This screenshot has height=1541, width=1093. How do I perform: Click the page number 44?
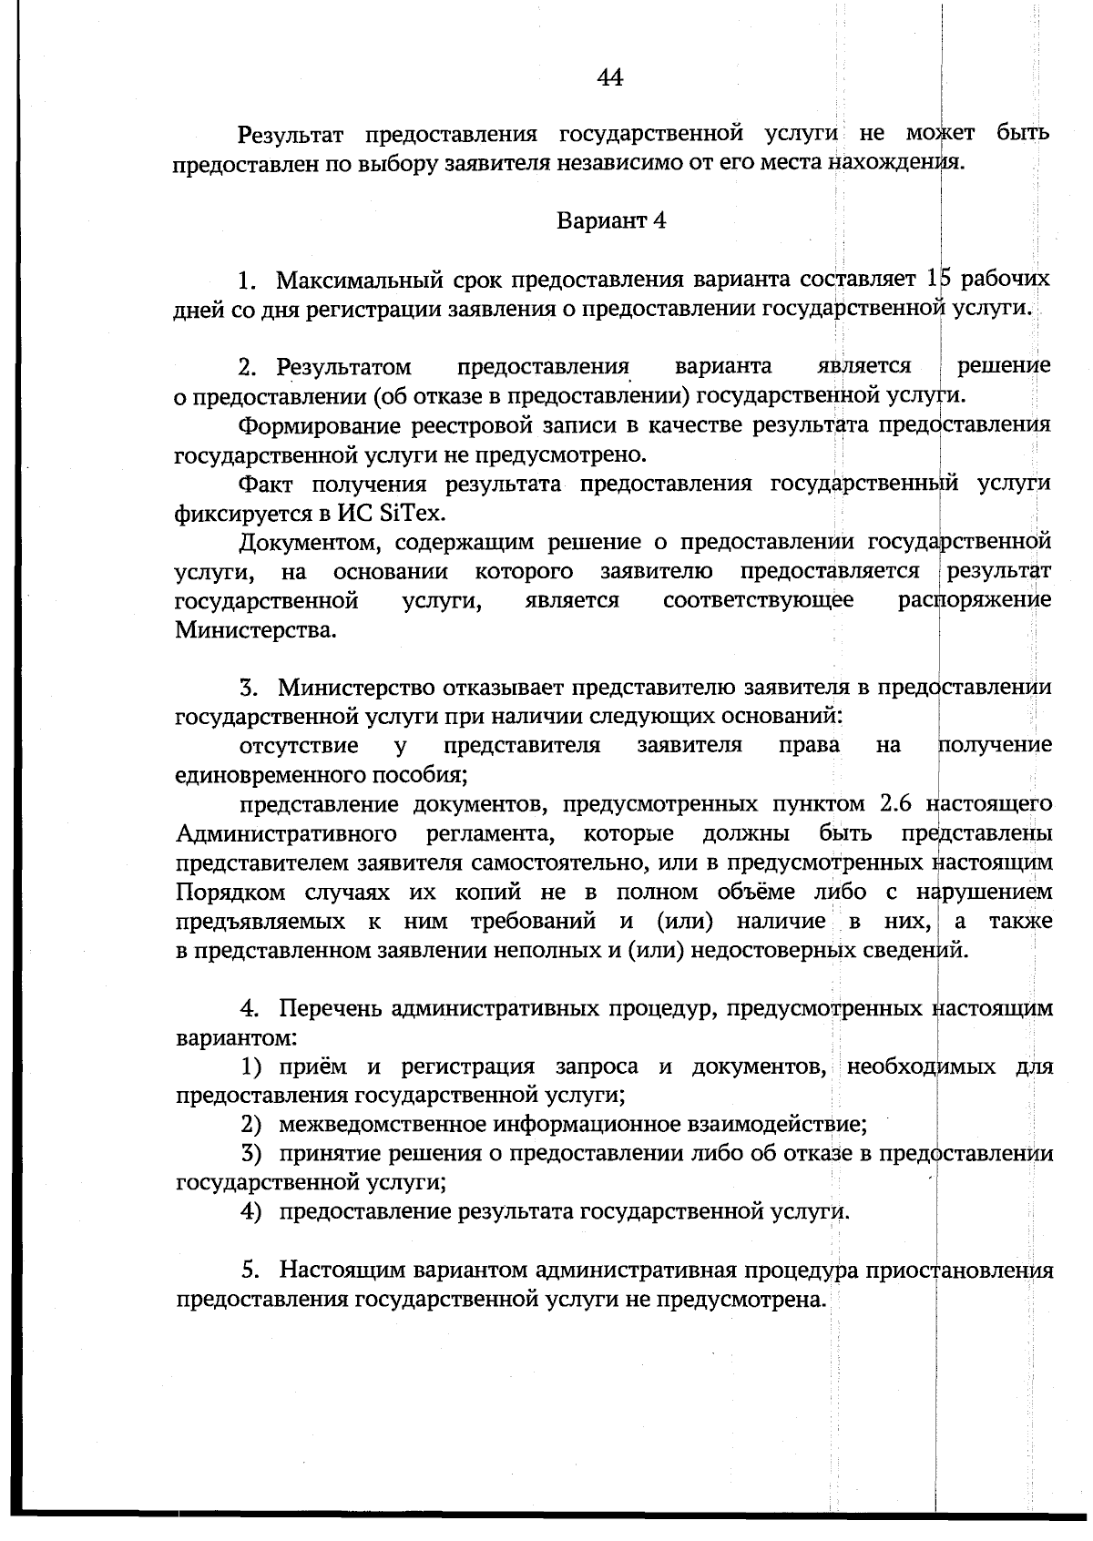click(609, 78)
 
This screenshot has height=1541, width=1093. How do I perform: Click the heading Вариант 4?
click(611, 221)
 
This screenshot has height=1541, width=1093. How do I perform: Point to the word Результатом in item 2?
click(344, 367)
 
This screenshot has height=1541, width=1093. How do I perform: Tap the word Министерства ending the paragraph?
click(255, 630)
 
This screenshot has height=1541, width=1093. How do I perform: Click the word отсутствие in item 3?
click(299, 746)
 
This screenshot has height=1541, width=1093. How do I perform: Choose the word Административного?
click(286, 834)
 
